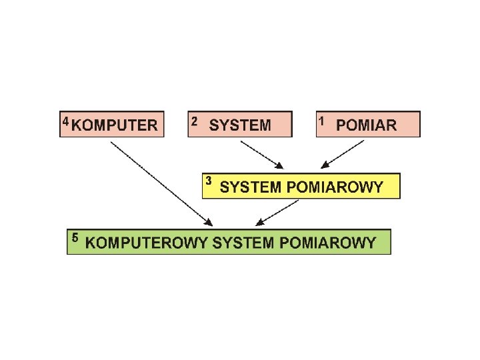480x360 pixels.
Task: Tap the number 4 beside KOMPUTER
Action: (x=65, y=121)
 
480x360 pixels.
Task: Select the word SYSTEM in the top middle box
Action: (x=240, y=125)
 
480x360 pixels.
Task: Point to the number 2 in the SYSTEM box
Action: (x=194, y=121)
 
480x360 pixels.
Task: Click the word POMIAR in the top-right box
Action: (x=366, y=125)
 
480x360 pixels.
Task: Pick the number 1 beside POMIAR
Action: (x=322, y=121)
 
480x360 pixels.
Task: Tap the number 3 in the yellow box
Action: (x=209, y=181)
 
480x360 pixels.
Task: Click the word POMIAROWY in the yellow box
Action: (x=335, y=187)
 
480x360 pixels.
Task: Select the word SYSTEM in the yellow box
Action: (x=251, y=187)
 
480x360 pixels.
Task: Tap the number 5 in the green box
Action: (x=75, y=237)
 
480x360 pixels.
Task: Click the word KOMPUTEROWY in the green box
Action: (x=147, y=243)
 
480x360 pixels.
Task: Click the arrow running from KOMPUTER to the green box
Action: (x=160, y=183)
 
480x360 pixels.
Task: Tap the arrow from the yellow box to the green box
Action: (x=276, y=211)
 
